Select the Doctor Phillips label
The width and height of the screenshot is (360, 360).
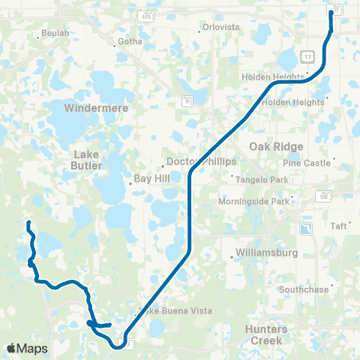click(201, 161)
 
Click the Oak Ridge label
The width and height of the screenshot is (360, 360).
click(277, 146)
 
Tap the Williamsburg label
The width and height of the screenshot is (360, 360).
click(267, 252)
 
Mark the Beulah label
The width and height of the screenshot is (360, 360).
click(55, 33)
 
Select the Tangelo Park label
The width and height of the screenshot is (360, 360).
click(262, 180)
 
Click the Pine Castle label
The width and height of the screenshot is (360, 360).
click(307, 162)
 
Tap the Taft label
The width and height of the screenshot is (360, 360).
click(339, 225)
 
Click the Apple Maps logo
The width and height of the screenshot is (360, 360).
click(27, 349)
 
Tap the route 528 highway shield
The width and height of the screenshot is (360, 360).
click(323, 194)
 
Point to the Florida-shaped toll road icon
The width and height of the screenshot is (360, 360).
click(305, 228)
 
